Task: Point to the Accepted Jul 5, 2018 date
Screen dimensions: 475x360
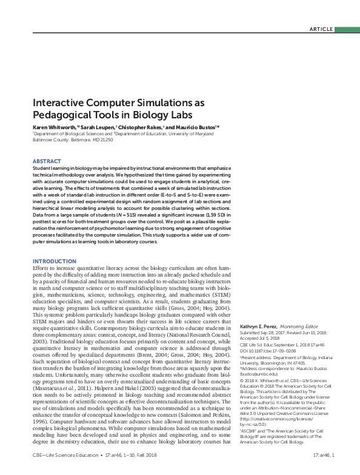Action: click(x=268, y=339)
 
